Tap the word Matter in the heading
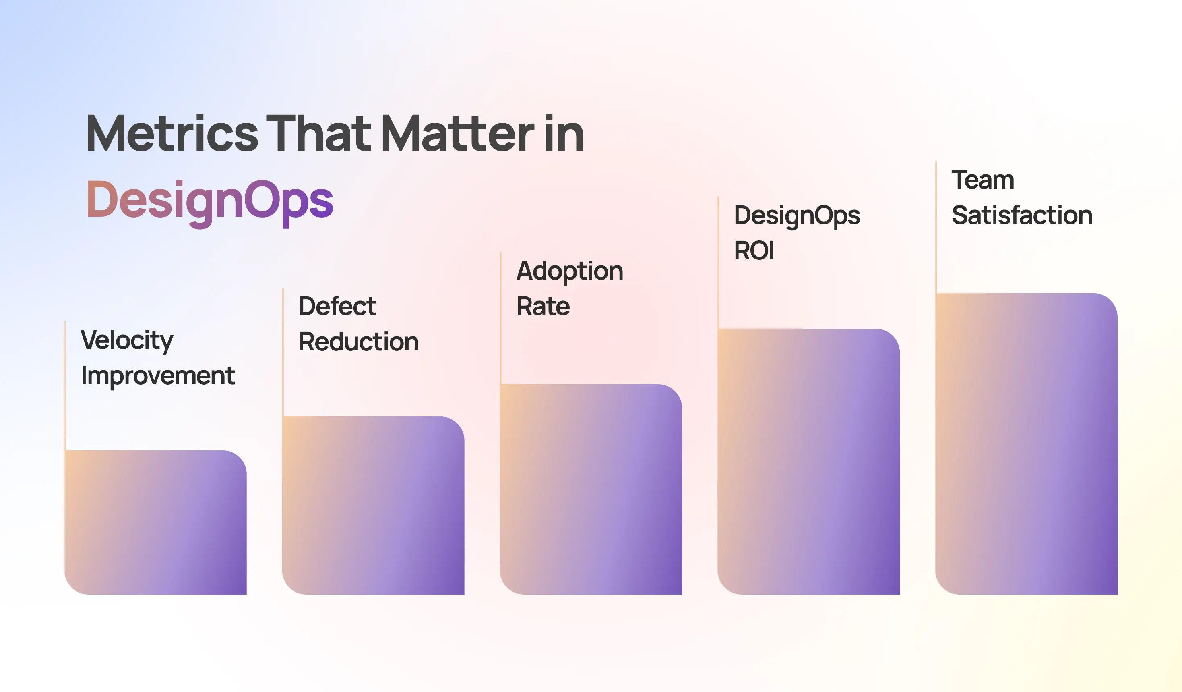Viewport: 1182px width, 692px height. click(457, 134)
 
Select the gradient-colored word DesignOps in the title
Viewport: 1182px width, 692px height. click(210, 201)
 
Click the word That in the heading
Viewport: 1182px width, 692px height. click(319, 134)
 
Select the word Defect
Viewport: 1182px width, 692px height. click(337, 307)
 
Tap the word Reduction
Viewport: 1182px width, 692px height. click(358, 342)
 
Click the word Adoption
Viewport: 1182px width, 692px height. click(569, 271)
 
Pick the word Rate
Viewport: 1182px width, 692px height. click(543, 307)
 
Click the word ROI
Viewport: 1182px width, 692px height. click(754, 251)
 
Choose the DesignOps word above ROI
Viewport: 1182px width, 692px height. click(796, 216)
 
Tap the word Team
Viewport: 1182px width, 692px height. click(983, 180)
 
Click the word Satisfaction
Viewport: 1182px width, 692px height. click(1022, 215)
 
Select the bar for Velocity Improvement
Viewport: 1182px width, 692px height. click(155, 522)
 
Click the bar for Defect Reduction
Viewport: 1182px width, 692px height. click(373, 505)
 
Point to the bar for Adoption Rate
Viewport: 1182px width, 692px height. click(591, 489)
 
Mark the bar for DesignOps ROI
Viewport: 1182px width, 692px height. click(808, 462)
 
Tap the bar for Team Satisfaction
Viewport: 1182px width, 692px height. click(1026, 444)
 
